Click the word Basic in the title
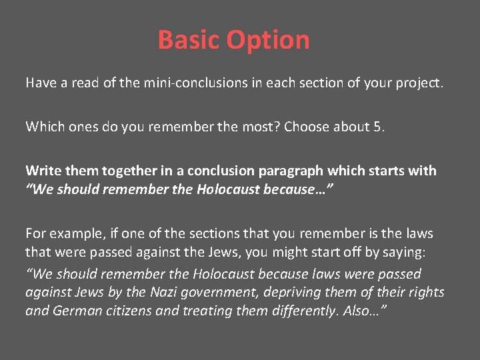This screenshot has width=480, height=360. [189, 40]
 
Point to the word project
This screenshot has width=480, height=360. [419, 84]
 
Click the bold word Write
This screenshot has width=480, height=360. [43, 171]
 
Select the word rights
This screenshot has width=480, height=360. [427, 293]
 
